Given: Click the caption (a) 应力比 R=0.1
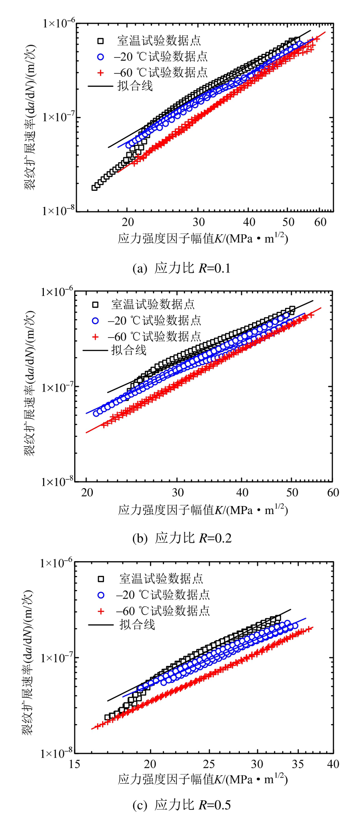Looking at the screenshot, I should click(x=181, y=268).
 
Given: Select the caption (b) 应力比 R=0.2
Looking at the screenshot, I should click(x=182, y=538).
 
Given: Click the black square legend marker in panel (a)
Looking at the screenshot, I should click(x=100, y=41).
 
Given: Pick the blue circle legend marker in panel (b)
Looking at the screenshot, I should click(x=95, y=320).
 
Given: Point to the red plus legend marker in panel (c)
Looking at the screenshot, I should click(x=101, y=611).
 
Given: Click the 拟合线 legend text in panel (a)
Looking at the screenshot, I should click(x=135, y=86).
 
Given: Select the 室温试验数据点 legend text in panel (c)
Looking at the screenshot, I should click(x=161, y=579).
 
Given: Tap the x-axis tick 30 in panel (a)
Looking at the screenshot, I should click(x=199, y=222).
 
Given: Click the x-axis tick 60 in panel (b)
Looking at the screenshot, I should click(x=333, y=492).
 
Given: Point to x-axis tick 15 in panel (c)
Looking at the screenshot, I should click(x=75, y=764).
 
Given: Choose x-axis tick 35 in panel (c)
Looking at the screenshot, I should click(x=298, y=764).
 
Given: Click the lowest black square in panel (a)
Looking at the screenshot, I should click(x=95, y=188).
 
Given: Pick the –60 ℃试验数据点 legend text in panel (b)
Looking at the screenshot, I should click(x=154, y=337).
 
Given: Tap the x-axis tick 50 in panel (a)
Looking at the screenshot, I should click(x=288, y=222).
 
